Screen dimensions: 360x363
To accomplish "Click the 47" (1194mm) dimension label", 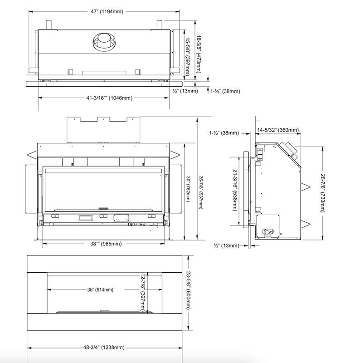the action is point(107,12).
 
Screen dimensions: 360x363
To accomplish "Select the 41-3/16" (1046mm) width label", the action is point(109,98).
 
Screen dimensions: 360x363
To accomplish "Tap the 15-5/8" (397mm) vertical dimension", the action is point(187,57).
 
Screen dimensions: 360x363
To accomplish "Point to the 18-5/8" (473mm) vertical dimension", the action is point(199,54).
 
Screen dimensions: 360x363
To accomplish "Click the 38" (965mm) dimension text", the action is point(106,244).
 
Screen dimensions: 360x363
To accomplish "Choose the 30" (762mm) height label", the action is point(188,189).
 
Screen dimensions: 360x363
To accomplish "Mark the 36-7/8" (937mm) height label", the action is point(200,192).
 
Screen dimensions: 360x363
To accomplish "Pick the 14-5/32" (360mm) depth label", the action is point(278,130).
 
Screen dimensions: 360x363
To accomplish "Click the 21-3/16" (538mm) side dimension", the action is point(235,190).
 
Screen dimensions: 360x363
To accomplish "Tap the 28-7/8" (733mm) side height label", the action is point(322,193).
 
